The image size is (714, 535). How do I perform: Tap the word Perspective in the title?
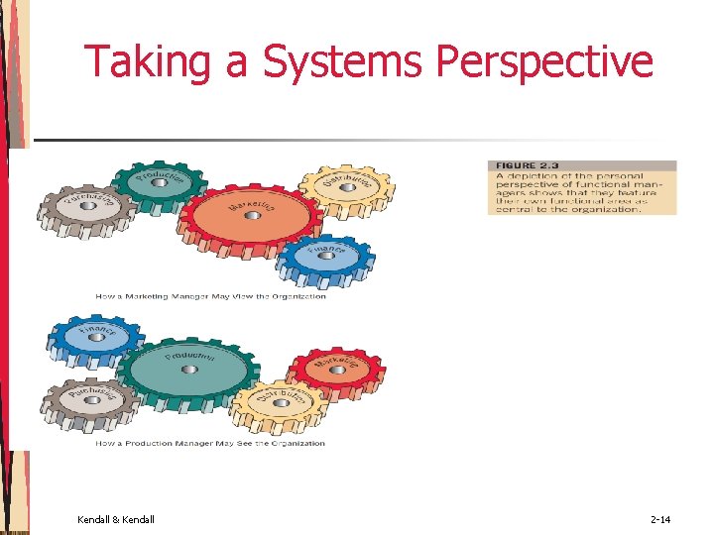click(x=544, y=61)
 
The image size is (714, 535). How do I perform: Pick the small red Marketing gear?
click(x=337, y=370)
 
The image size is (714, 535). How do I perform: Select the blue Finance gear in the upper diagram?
click(x=324, y=256)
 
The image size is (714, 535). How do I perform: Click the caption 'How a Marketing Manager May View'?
click(x=210, y=296)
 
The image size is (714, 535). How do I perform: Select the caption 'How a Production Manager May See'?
click(x=210, y=443)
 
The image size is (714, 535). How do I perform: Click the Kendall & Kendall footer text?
click(x=115, y=519)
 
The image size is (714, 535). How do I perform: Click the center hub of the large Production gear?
click(x=184, y=368)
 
